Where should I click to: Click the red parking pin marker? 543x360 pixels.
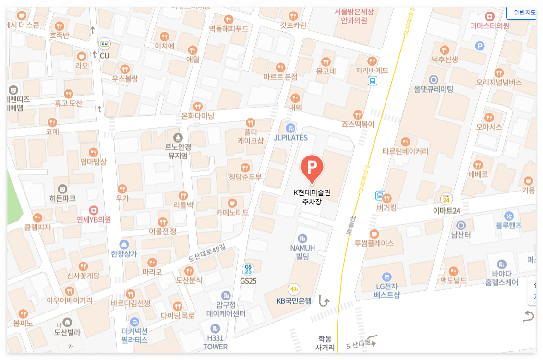point(312,168)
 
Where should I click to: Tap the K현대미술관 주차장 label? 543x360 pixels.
point(312,197)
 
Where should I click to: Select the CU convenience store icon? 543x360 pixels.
point(104,45)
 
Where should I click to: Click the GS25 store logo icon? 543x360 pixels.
point(248,269)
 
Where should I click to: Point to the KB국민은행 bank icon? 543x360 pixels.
point(294,289)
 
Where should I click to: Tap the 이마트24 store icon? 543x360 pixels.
point(446,199)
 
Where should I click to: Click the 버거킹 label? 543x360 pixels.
point(386,208)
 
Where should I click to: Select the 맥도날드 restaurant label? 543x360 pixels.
point(454,281)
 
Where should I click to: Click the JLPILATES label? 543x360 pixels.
point(290,138)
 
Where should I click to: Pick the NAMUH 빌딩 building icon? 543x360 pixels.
point(302,238)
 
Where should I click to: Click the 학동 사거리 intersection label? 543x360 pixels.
point(325,343)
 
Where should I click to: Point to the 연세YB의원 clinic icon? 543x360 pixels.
point(94,210)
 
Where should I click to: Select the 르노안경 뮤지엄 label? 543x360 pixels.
point(178,151)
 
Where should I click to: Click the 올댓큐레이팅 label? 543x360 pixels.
point(434,89)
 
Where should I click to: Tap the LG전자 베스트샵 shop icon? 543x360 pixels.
point(387,276)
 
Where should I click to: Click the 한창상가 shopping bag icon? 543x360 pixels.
point(124,244)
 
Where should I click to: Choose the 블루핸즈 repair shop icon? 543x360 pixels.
point(509,216)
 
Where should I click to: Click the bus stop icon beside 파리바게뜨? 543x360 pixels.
point(372,81)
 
